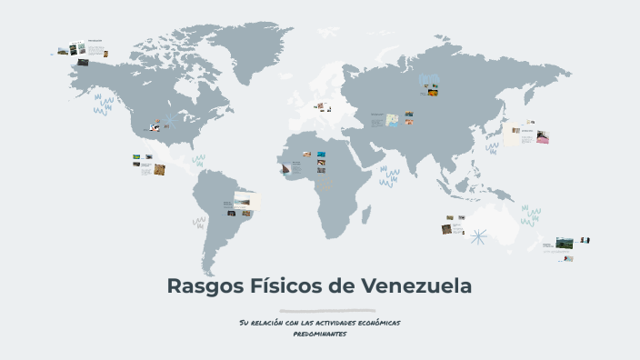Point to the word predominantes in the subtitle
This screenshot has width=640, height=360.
click(x=320, y=334)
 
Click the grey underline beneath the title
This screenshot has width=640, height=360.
click(x=326, y=311)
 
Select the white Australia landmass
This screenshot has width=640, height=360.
click(x=492, y=223)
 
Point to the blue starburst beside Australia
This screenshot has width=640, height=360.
click(x=478, y=237)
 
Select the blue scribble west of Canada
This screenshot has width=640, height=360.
click(x=102, y=106)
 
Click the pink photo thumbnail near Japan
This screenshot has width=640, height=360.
click(x=543, y=137)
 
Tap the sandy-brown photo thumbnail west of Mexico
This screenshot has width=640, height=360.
click(x=160, y=168)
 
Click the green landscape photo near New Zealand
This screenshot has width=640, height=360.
click(x=565, y=243)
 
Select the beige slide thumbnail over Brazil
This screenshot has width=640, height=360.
click(x=247, y=201)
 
